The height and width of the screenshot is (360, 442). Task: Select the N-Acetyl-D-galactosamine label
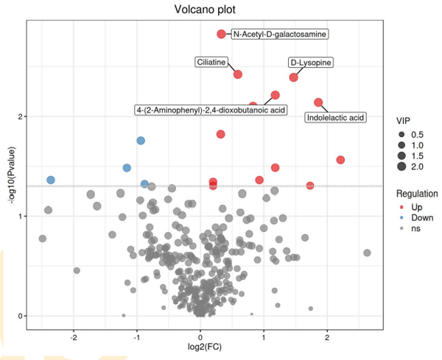pyautogui.click(x=279, y=34)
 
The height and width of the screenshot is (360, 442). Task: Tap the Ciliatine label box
pyautogui.click(x=211, y=63)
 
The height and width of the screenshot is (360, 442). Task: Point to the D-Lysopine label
pyautogui.click(x=309, y=63)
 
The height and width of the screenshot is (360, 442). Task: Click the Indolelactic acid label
pyautogui.click(x=335, y=117)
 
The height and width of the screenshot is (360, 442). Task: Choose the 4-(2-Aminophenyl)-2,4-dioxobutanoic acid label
pyautogui.click(x=211, y=110)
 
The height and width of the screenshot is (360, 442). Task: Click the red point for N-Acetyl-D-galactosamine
pyautogui.click(x=221, y=34)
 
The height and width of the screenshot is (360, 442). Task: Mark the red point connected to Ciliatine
pyautogui.click(x=238, y=74)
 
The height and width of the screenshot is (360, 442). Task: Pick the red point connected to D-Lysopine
pyautogui.click(x=294, y=77)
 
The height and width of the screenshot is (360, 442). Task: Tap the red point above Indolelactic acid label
pyautogui.click(x=318, y=102)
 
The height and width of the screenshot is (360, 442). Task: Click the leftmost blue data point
pyautogui.click(x=51, y=180)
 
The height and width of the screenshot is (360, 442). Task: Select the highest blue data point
pyautogui.click(x=141, y=141)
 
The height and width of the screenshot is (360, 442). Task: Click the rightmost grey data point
pyautogui.click(x=367, y=253)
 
